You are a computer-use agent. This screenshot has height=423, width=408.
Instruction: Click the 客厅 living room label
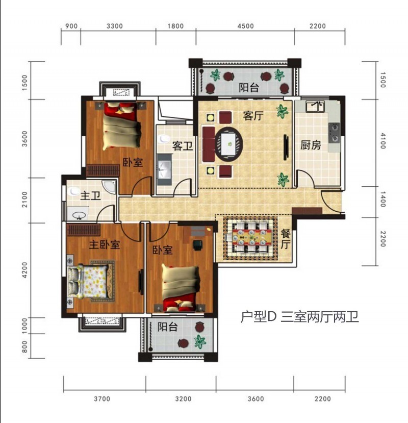(252, 116)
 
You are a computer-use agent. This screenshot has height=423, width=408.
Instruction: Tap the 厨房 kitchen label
(310, 145)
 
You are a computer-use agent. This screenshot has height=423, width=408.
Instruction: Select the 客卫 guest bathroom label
(182, 146)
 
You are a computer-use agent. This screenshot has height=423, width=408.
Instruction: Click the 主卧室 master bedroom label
(105, 244)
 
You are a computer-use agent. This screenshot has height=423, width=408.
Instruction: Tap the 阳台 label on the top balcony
(248, 88)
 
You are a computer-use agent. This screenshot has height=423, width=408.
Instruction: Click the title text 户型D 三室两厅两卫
(299, 317)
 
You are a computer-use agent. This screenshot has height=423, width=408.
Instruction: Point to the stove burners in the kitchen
(334, 132)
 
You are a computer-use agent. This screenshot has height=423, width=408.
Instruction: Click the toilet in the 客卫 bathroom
(165, 139)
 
